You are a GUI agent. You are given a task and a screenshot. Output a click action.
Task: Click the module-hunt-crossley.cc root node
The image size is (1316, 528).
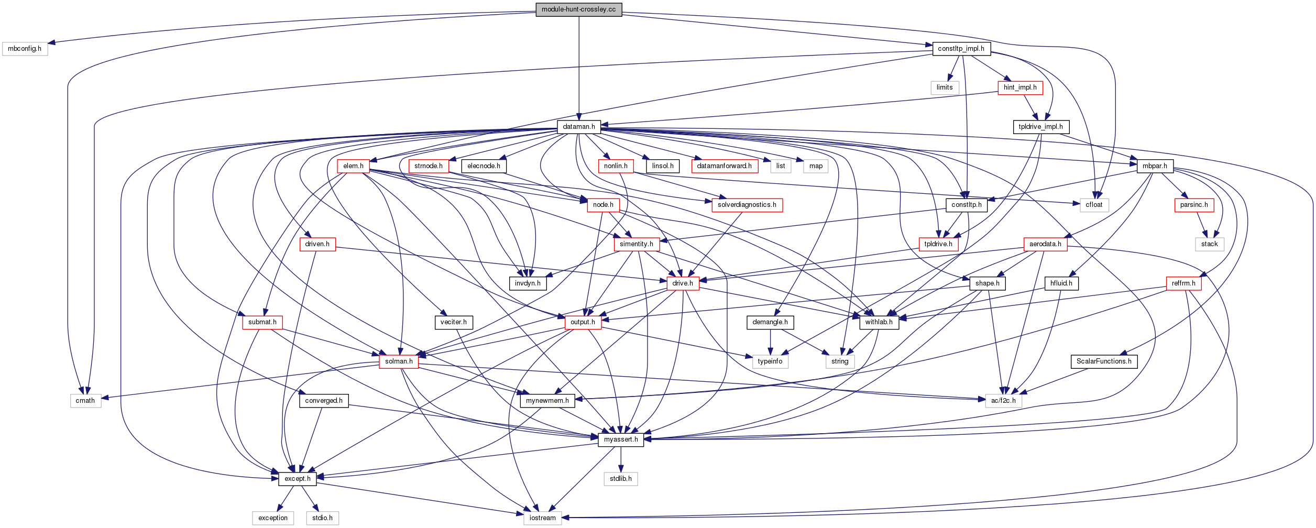[x=578, y=9]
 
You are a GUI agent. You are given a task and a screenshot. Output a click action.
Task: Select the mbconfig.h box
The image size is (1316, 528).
[x=25, y=49]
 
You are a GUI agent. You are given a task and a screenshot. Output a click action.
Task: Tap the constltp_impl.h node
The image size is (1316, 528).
[x=961, y=49]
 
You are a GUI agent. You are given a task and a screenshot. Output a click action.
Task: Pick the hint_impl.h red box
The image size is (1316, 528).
[x=1020, y=87]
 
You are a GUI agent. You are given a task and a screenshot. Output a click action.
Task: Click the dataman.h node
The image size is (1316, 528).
[x=578, y=127]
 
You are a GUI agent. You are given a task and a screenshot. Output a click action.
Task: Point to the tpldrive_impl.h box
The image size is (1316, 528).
[x=1040, y=127]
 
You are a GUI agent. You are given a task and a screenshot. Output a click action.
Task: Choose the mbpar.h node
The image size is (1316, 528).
[x=1155, y=166]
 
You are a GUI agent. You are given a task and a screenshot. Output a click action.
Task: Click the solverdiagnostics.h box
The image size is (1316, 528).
[x=747, y=205]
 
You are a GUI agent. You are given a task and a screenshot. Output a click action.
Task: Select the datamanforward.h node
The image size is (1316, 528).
[x=724, y=166]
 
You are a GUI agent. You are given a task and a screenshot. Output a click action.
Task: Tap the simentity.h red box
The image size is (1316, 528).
[x=636, y=244]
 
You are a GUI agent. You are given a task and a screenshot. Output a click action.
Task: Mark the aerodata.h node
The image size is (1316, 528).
[x=1045, y=244]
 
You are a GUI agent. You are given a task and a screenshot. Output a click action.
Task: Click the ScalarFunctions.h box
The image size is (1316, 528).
[x=1104, y=361]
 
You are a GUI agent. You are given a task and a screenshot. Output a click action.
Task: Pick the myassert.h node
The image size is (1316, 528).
[x=621, y=439]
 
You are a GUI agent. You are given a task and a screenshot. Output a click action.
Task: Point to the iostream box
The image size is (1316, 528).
[x=542, y=518]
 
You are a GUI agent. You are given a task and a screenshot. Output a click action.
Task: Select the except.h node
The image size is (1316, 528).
[x=297, y=479]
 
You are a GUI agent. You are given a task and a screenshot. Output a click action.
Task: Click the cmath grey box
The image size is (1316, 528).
[x=85, y=401]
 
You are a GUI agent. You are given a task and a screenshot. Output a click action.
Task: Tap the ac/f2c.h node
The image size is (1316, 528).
[x=1003, y=401]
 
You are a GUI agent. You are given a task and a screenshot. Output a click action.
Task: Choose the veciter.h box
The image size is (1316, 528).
[x=454, y=322]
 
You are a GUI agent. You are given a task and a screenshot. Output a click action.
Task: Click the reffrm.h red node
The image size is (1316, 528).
[x=1183, y=283]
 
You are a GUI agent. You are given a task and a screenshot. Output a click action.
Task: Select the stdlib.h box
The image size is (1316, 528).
[x=621, y=479]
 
